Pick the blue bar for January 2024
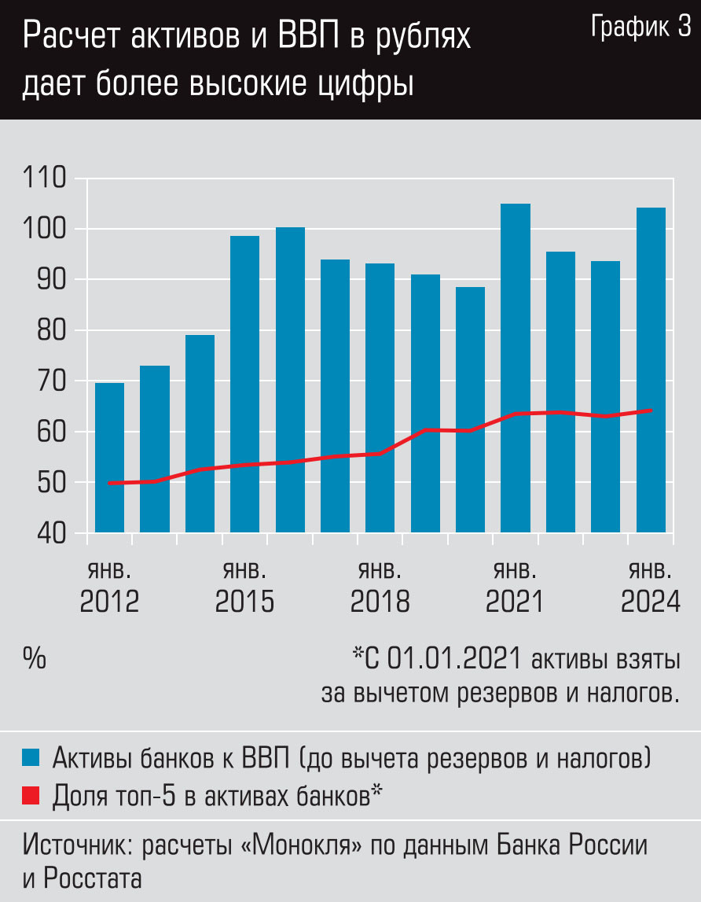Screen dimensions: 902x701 tap(651, 370)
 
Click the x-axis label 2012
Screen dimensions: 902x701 tap(109, 602)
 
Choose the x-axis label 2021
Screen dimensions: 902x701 tap(515, 602)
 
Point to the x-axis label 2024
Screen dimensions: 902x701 tap(650, 602)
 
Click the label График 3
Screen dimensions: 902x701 tap(640, 28)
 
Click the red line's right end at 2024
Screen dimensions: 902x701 tap(651, 410)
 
